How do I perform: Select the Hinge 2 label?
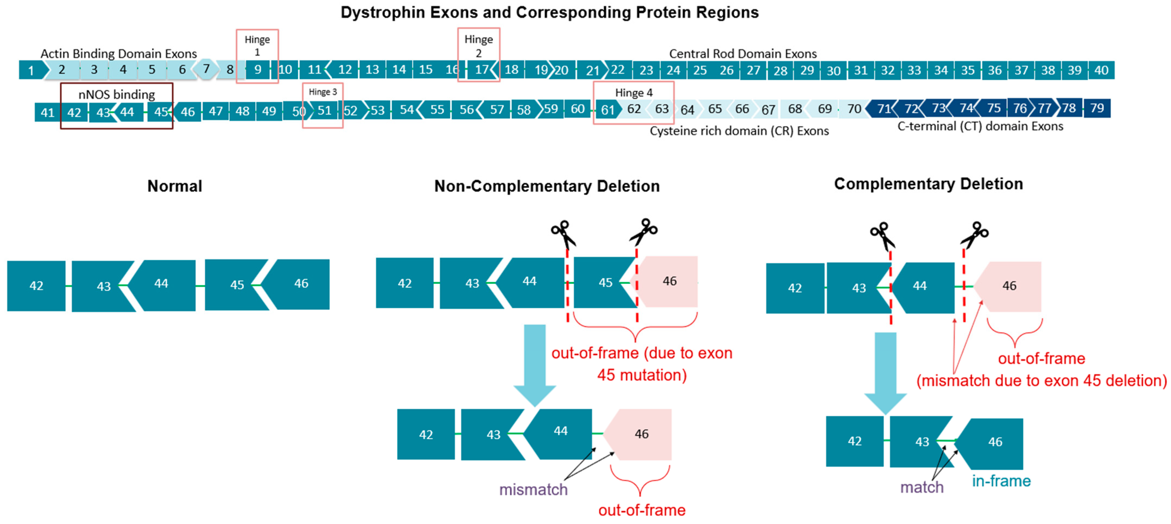pos(478,46)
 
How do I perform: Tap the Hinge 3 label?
pos(323,92)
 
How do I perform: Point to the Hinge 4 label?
pos(634,93)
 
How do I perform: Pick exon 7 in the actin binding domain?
pos(206,69)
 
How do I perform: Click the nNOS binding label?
pos(116,94)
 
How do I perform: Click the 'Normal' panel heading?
pos(175,186)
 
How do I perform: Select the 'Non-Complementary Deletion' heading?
pos(547,186)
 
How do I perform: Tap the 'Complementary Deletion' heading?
pos(928,184)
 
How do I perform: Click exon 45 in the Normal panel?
pos(236,285)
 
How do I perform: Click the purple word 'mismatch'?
pos(533,490)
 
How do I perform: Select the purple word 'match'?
pos(922,487)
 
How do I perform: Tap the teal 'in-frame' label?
pos(1001,481)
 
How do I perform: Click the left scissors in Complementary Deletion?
pos(882,235)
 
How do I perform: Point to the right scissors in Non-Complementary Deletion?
pos(644,232)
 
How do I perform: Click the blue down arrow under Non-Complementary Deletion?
pos(534,363)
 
